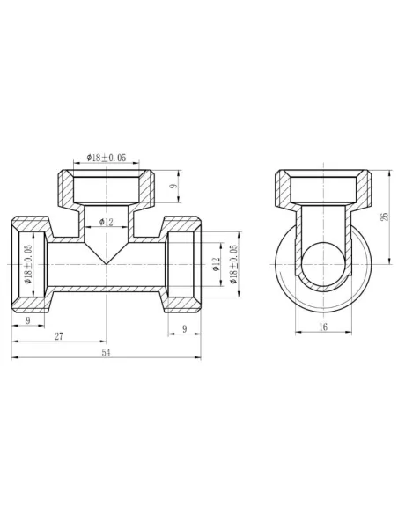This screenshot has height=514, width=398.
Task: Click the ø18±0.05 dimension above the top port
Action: point(107,158)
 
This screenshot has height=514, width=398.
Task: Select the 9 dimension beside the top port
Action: point(173,187)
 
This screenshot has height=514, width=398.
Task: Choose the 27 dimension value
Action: point(58,336)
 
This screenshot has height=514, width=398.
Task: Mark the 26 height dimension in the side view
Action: point(384,217)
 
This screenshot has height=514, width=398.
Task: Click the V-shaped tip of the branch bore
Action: point(107,261)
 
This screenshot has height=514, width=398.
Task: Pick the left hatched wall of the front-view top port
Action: point(65,187)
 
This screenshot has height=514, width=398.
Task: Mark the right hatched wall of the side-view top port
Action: point(366,187)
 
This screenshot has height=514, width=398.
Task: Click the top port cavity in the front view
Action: point(107,187)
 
